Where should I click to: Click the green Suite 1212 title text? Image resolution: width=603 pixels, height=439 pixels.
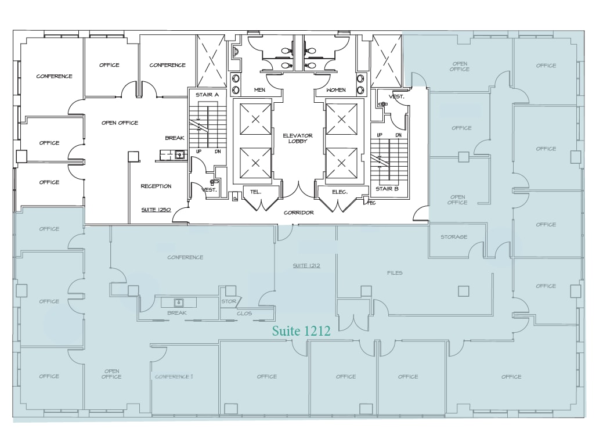tap(301, 331)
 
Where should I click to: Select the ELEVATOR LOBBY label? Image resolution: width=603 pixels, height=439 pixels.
tap(297, 138)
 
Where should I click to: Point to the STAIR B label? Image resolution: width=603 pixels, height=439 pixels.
tap(387, 188)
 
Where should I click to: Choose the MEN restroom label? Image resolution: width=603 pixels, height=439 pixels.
tap(259, 90)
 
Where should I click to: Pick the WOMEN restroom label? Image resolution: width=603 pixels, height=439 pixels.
tap(335, 90)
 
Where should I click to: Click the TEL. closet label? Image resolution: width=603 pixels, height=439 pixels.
tap(256, 191)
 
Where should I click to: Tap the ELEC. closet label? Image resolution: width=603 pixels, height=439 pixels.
tap(339, 191)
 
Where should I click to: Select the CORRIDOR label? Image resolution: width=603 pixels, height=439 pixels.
tap(298, 213)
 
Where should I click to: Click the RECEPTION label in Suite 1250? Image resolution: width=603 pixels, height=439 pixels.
tap(156, 186)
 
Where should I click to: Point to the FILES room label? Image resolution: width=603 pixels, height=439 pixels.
tap(395, 272)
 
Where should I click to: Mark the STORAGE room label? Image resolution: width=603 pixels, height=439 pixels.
tap(454, 237)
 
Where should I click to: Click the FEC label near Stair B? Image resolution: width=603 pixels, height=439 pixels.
tap(372, 203)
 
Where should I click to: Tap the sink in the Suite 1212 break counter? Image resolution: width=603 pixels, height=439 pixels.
tap(179, 302)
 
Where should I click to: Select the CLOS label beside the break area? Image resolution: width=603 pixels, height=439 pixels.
tap(244, 314)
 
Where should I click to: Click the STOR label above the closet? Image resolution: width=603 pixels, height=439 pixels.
tap(228, 301)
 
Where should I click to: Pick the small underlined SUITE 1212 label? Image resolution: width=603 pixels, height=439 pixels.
tap(306, 265)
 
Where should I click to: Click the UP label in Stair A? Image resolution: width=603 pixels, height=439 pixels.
tap(198, 151)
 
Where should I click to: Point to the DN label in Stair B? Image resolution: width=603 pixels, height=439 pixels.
tap(399, 135)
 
